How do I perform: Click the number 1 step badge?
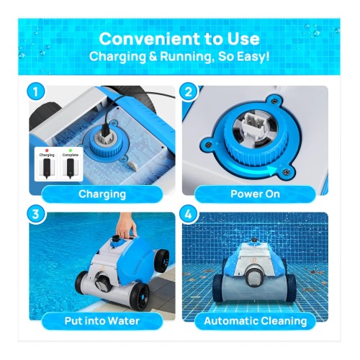(36, 92)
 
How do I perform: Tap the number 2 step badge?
(189, 92)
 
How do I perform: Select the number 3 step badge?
(36, 214)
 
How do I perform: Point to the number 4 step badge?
(189, 214)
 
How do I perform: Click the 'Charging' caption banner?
(102, 194)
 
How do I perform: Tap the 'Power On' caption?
(255, 194)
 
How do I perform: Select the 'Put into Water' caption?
(102, 321)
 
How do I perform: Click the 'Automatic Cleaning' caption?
(255, 321)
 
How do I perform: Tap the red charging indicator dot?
(47, 150)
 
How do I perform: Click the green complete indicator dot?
(71, 150)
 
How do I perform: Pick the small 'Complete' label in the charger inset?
(71, 155)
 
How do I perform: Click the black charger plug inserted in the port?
(105, 130)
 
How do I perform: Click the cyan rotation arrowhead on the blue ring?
(272, 170)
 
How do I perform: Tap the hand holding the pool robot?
(126, 227)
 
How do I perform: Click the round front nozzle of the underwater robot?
(253, 276)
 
